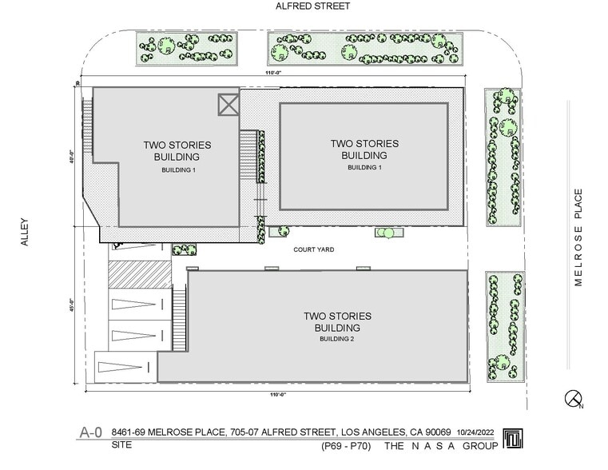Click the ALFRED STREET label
312,6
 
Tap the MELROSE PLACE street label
578,237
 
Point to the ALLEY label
25,232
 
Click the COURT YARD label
314,249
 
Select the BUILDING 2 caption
336,339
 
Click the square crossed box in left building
228,105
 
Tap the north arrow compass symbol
573,399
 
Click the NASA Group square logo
513,438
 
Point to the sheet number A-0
91,432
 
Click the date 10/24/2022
475,432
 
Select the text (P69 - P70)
345,446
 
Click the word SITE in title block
121,444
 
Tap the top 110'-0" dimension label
275,73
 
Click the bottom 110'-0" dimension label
277,394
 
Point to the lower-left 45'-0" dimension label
70,305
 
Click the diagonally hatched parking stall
140,274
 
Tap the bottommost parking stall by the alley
125,367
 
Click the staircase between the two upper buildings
248,154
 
